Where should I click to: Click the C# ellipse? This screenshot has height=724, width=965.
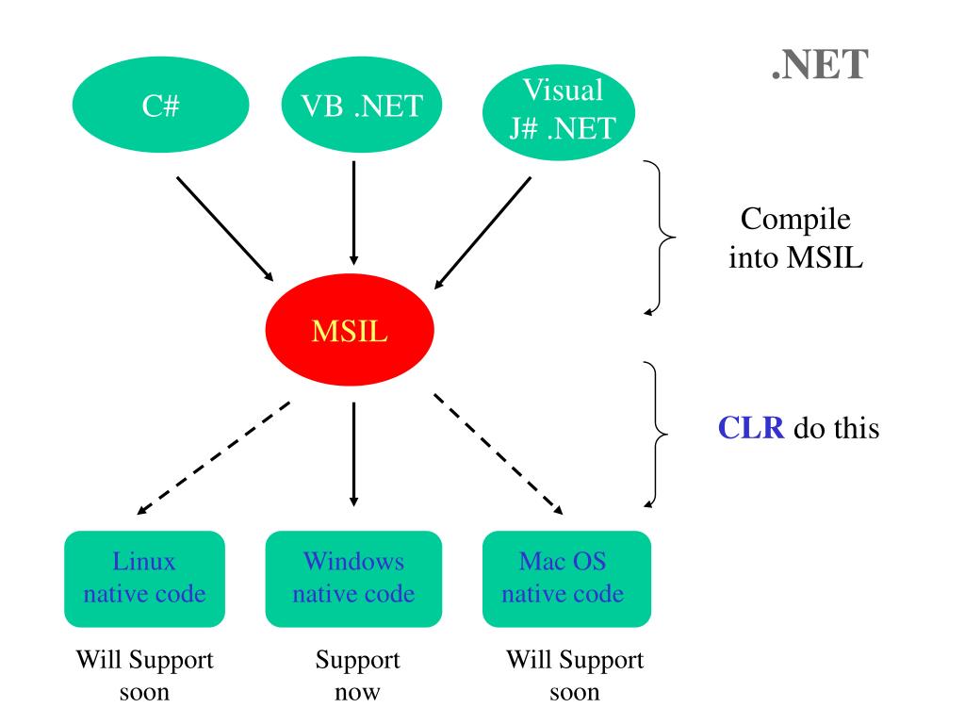click(160, 105)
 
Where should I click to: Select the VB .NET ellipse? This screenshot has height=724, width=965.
click(362, 105)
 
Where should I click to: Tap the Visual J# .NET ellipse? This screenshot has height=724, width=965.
click(559, 112)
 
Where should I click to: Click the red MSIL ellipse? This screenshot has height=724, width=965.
click(350, 330)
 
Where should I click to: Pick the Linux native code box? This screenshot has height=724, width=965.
click(144, 579)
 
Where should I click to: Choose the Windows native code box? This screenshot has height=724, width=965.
click(354, 579)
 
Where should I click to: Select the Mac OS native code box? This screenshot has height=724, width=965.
click(566, 579)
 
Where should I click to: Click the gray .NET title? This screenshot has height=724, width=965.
click(820, 65)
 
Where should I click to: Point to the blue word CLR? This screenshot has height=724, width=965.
click(751, 427)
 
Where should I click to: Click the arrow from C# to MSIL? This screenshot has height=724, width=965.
click(225, 229)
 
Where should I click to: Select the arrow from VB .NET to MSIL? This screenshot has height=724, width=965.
click(354, 213)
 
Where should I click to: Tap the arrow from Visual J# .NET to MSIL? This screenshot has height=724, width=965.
click(482, 233)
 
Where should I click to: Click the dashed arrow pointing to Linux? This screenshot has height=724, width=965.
click(213, 458)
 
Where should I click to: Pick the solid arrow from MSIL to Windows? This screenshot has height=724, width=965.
click(354, 454)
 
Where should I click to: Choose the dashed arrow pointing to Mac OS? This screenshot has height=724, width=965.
click(499, 453)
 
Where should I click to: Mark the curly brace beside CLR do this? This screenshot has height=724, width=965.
click(656, 435)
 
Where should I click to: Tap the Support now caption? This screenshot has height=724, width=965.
click(357, 675)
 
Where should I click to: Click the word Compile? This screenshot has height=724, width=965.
click(795, 220)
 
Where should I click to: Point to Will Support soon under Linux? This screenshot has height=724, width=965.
click(144, 675)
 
